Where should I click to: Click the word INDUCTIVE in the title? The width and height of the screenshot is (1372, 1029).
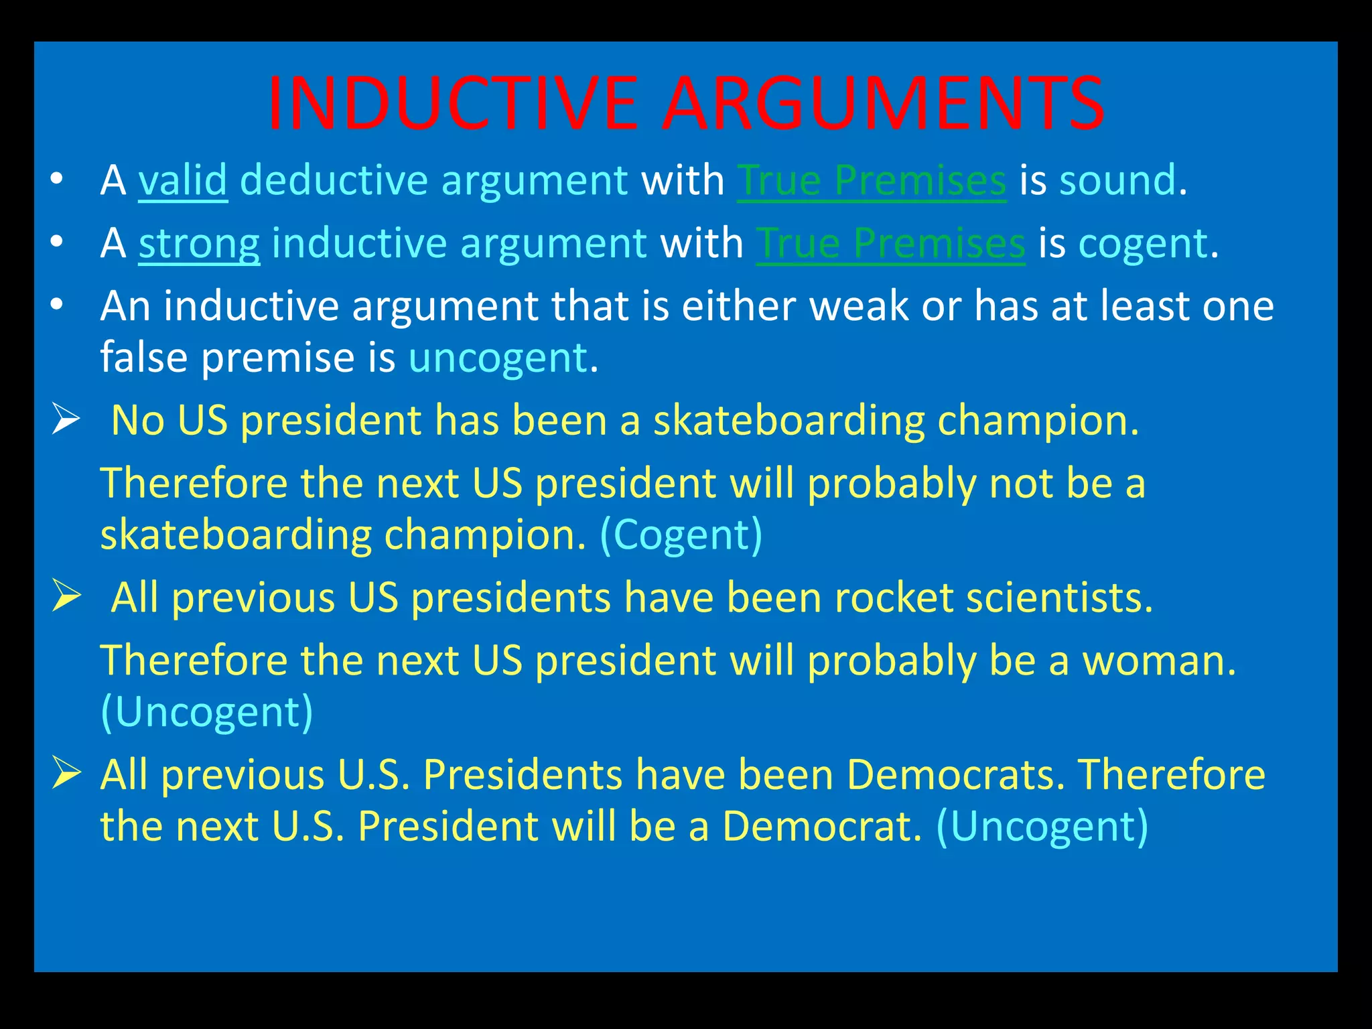(x=453, y=104)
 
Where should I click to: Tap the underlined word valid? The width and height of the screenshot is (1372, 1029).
(x=182, y=181)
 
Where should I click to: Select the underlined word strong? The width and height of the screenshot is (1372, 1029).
(x=199, y=244)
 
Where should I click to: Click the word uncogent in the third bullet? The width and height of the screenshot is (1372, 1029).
(x=498, y=358)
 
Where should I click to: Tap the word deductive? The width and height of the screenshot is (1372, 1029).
(x=334, y=181)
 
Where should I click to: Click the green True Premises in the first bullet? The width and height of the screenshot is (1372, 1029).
(x=871, y=181)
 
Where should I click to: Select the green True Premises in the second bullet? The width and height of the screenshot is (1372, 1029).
(x=890, y=244)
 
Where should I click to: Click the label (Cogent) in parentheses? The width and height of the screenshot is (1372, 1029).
(x=681, y=535)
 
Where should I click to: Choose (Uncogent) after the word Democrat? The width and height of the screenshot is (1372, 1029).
(x=1042, y=826)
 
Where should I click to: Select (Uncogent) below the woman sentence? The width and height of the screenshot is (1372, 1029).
(x=206, y=712)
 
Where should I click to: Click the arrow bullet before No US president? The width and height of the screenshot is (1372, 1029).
(x=66, y=421)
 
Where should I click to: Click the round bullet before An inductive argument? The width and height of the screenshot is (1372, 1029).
(x=57, y=305)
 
